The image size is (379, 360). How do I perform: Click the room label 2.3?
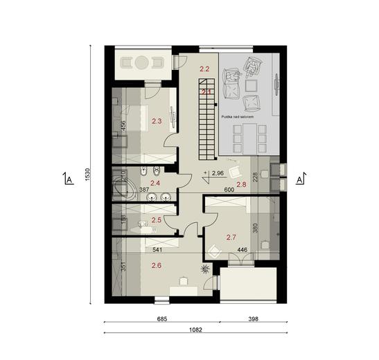pos(156,121)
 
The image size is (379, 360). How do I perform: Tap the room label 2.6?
pos(156,264)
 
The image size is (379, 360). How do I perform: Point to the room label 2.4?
pos(156,183)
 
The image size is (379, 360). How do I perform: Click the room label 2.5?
pos(156,220)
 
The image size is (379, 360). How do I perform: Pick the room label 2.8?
pos(241,184)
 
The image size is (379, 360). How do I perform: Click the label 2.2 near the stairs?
pos(204,69)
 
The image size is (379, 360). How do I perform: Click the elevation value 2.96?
pos(217,173)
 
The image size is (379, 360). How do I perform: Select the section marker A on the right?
pos(301,180)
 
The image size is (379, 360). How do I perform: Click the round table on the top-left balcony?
pos(142,62)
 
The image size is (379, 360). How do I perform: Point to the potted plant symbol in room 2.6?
pos(206,267)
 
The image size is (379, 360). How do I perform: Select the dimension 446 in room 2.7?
pos(243,251)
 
